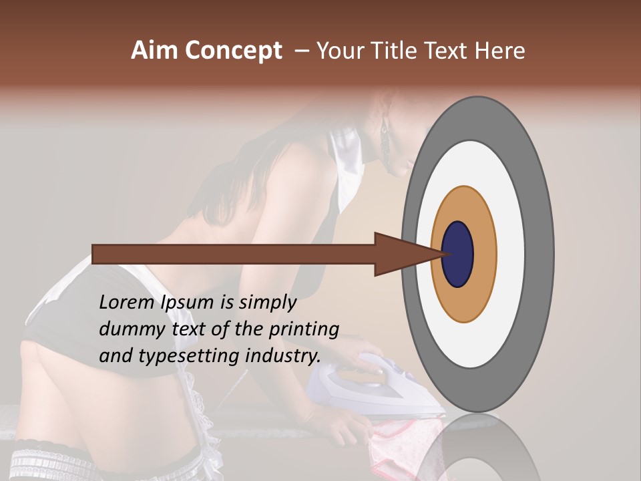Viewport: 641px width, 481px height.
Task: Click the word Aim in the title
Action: [x=155, y=51]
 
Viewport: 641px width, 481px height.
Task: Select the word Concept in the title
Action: [x=233, y=51]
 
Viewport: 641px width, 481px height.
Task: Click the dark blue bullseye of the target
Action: [x=457, y=254]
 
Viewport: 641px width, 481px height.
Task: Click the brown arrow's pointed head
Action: [x=401, y=254]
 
